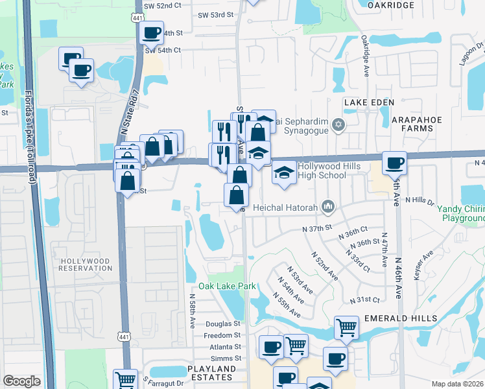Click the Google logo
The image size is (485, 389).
(21, 381)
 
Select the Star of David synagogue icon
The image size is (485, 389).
(337, 124)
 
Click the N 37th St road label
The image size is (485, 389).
(317, 229)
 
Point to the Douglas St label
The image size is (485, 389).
(223, 324)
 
